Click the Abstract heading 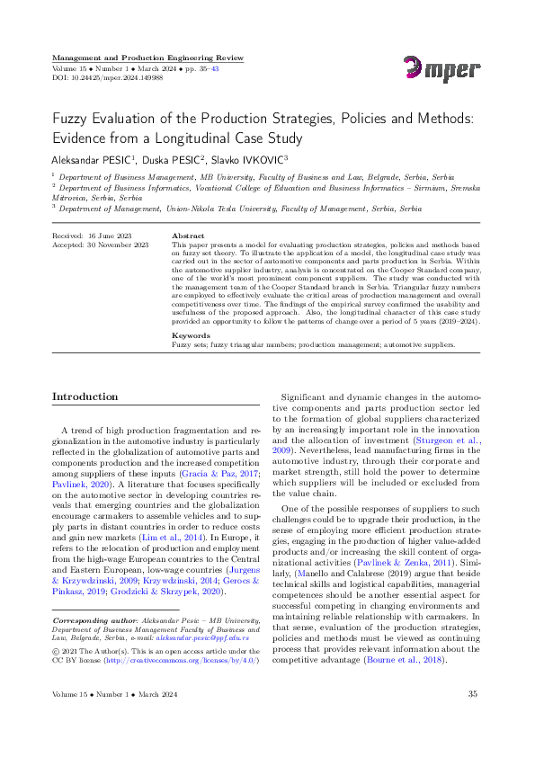[x=188, y=236]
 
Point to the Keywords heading [x=190, y=335]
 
